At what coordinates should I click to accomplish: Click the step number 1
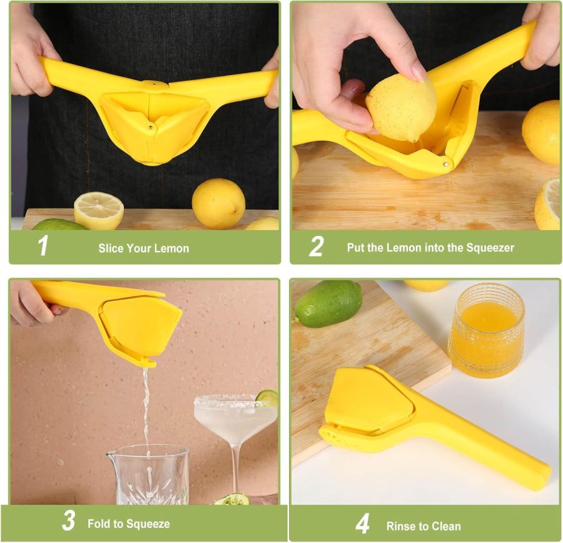(43, 246)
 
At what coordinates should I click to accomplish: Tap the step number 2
(316, 246)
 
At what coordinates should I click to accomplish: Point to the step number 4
(362, 523)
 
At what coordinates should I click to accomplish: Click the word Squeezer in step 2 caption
(490, 248)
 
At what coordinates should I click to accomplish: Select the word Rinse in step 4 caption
(400, 526)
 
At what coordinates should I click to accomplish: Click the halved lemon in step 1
(99, 210)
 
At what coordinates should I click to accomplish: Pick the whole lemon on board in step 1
(218, 203)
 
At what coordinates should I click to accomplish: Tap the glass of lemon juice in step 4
(486, 328)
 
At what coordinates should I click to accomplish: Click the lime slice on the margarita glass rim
(267, 397)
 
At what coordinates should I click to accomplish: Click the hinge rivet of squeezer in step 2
(444, 164)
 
